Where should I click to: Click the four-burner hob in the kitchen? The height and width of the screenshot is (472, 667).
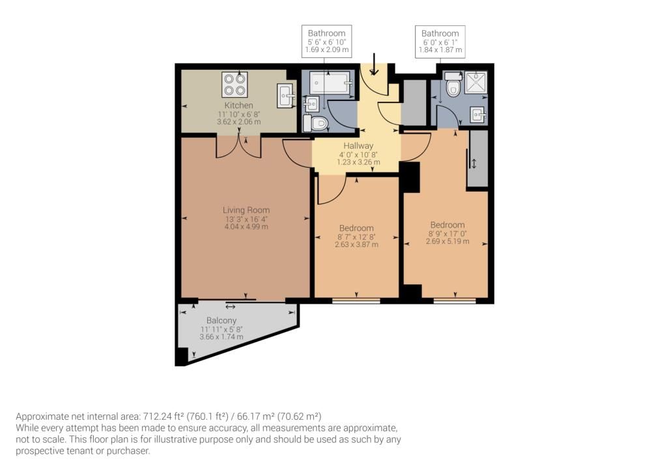234,83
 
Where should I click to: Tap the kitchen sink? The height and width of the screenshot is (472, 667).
285,95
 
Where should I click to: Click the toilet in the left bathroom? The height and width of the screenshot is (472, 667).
317,123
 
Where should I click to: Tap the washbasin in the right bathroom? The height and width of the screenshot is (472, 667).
478,115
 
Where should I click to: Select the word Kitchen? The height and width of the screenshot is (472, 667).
238,106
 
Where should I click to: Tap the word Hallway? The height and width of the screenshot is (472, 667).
356,146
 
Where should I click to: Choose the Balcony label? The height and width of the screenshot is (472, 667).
221,321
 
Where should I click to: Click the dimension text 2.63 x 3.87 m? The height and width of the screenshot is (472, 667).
356,244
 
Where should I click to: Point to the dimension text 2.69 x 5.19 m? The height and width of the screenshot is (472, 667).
447,241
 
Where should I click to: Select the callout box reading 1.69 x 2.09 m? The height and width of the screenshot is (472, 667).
326,41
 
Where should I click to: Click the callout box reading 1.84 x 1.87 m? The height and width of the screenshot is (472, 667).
440,41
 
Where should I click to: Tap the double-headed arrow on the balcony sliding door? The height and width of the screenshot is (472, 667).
231,306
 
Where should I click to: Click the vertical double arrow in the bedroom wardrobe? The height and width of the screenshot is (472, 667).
474,164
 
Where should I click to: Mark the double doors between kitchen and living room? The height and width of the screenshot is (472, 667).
238,147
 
